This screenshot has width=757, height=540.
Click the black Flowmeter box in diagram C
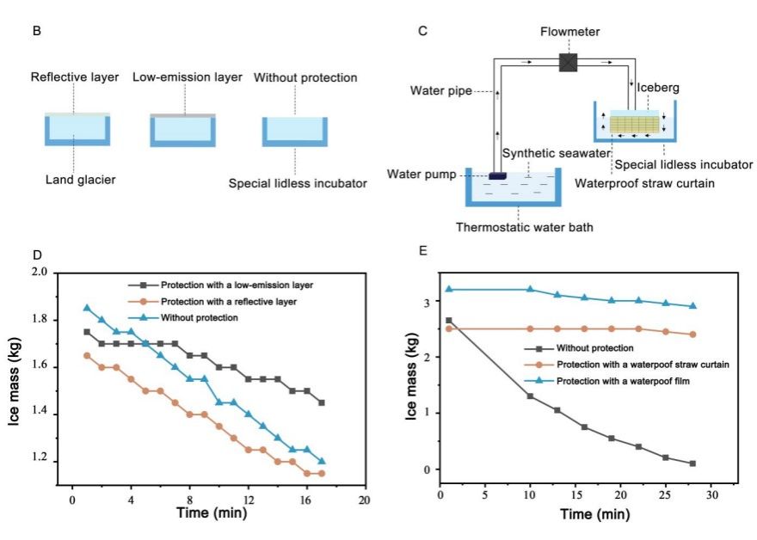point(568,62)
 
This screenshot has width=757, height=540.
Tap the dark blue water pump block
point(497,176)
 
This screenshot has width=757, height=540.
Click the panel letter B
point(36,32)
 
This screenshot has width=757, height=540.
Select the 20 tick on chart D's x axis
point(365,499)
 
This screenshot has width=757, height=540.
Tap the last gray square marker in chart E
point(692,463)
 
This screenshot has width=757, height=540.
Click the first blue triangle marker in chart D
point(87,308)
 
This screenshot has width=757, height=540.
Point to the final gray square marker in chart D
point(322,402)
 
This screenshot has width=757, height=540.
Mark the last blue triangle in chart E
point(692,306)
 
